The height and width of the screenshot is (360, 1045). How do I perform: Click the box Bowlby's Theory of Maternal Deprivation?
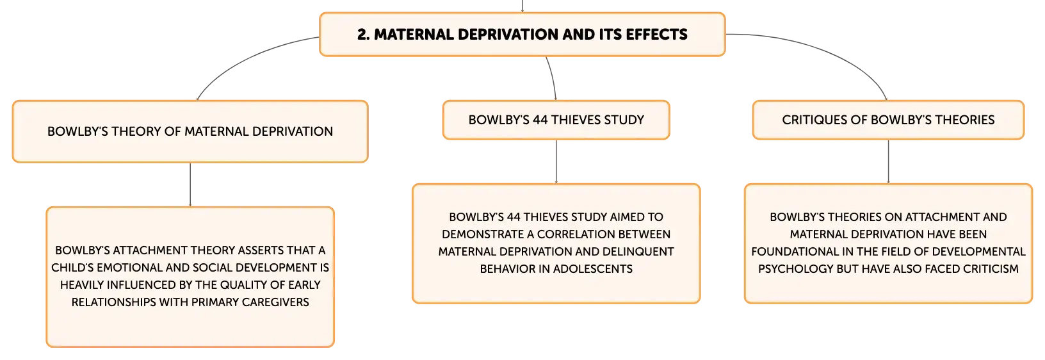tap(190, 132)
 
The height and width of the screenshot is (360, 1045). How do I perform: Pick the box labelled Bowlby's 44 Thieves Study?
tap(556, 120)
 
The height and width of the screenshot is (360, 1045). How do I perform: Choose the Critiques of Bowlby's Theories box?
tap(888, 120)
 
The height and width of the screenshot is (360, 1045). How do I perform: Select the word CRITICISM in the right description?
tap(990, 269)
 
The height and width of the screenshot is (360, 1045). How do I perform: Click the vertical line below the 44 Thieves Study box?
tap(556, 161)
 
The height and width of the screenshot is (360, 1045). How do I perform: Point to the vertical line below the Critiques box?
tap(888, 161)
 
